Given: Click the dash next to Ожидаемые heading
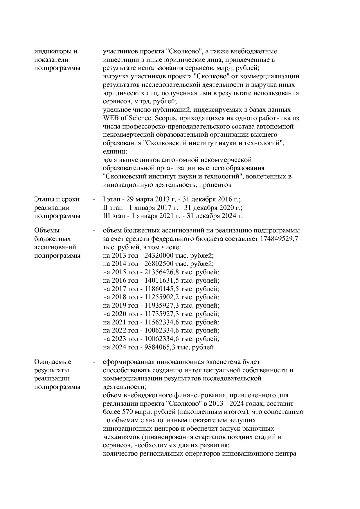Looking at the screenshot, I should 93,362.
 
